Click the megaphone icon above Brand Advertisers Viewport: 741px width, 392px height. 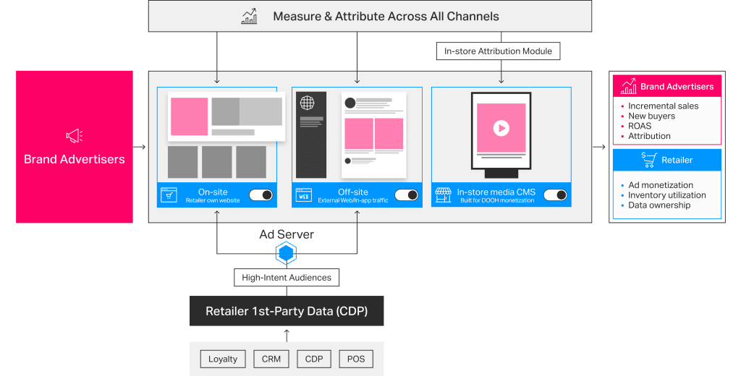tap(75, 135)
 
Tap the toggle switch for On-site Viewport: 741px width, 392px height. tap(261, 195)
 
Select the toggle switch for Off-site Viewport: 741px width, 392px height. tap(406, 195)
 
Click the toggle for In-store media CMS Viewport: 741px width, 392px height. tap(555, 195)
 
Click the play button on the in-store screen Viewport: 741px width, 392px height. tap(501, 128)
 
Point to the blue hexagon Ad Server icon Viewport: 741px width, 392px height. tap(287, 253)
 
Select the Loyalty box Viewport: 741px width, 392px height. tap(223, 359)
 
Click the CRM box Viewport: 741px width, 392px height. tap(271, 359)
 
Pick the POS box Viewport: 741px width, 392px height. tap(355, 359)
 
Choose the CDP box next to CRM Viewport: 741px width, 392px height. tap(313, 359)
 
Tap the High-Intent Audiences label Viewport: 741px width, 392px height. tap(287, 277)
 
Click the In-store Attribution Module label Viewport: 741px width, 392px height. tap(498, 51)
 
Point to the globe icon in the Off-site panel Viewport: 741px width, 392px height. tap(307, 103)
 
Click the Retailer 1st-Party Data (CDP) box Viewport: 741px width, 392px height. tap(287, 312)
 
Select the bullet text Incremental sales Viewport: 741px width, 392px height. tap(663, 106)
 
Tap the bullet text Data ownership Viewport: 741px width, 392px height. tap(659, 205)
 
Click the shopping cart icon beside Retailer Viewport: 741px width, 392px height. tap(648, 160)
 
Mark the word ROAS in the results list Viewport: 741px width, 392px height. tap(640, 126)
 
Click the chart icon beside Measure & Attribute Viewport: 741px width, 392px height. tap(249, 16)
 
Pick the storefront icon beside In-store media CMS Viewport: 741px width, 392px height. tap(443, 195)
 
